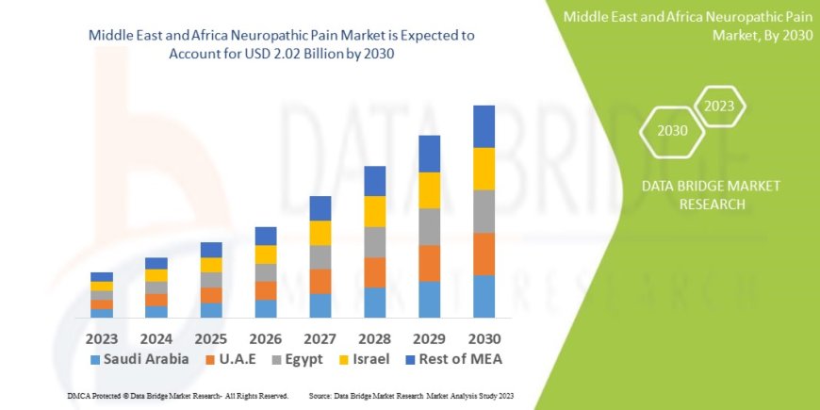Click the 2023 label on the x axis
click(x=102, y=336)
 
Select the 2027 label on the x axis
click(x=320, y=336)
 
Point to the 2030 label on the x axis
click(x=484, y=336)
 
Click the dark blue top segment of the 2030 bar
click(x=484, y=126)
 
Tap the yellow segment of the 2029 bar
click(x=429, y=190)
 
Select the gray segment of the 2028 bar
click(x=374, y=242)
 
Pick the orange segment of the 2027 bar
click(x=320, y=281)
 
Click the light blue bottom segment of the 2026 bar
click(x=266, y=308)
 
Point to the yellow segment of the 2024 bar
click(x=156, y=275)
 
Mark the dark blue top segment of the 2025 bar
click(x=211, y=250)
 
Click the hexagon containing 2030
click(x=672, y=131)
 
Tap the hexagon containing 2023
click(x=719, y=107)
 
